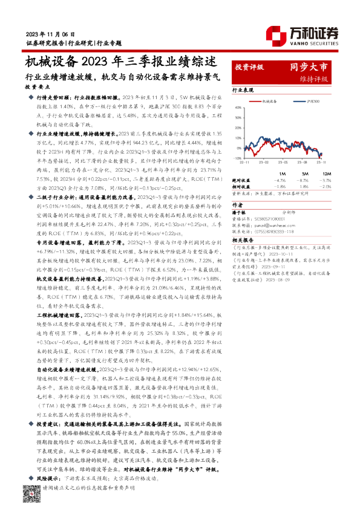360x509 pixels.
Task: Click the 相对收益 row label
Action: pos(242,187)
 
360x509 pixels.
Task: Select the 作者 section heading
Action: pos(237,206)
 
